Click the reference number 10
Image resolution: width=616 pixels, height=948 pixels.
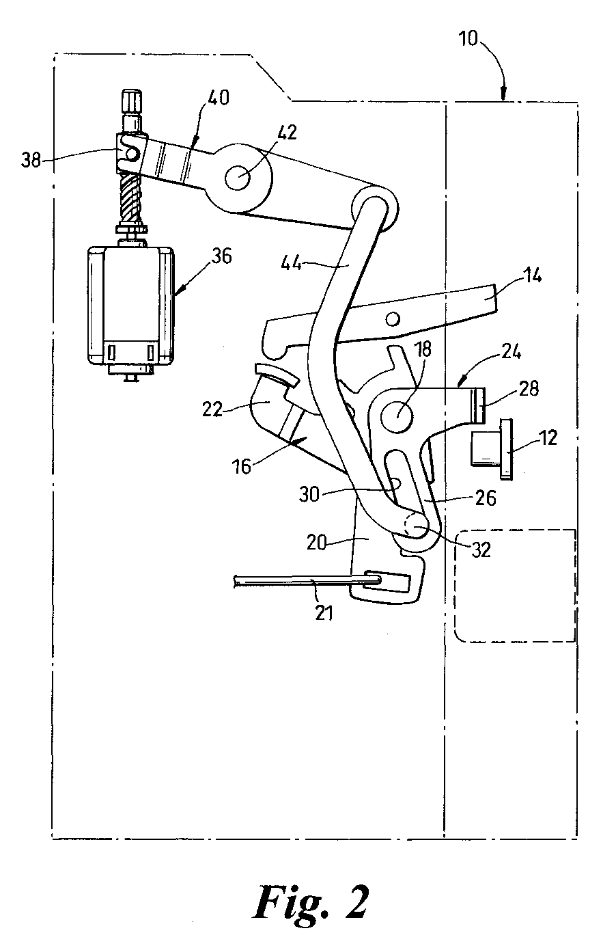pyautogui.click(x=468, y=39)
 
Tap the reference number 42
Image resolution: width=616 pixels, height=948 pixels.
pyautogui.click(x=287, y=133)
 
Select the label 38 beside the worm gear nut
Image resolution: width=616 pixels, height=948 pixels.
pyautogui.click(x=31, y=161)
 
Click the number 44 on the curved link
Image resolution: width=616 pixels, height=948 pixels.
pyautogui.click(x=292, y=264)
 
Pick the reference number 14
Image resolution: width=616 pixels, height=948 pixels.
pyautogui.click(x=533, y=276)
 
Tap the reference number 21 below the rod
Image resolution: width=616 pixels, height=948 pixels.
pyautogui.click(x=324, y=613)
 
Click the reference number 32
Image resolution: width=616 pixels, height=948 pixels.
pyautogui.click(x=480, y=550)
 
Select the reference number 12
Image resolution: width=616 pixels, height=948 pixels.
pyautogui.click(x=548, y=437)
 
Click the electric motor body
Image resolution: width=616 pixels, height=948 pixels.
pyautogui.click(x=131, y=306)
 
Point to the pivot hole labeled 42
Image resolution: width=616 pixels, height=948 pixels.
pyautogui.click(x=238, y=178)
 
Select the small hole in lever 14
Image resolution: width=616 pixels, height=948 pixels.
pyautogui.click(x=393, y=319)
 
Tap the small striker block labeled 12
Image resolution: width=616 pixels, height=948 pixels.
pyautogui.click(x=492, y=449)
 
